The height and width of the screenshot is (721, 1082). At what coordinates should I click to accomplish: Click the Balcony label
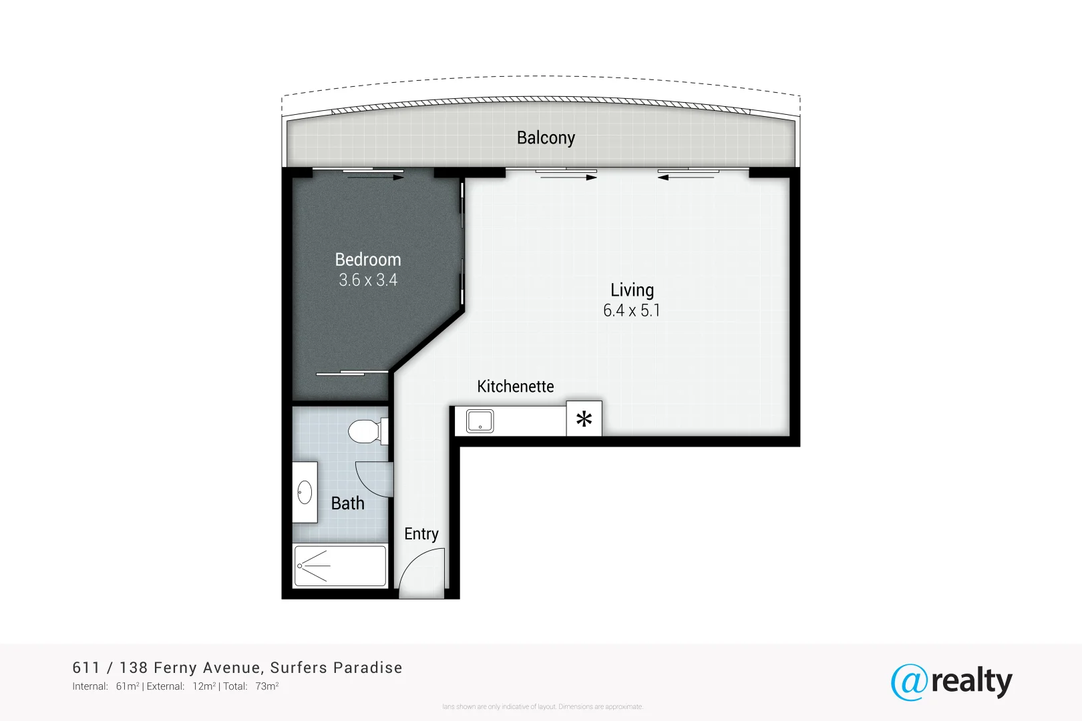(546, 138)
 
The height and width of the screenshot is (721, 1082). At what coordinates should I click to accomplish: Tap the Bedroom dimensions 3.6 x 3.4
(367, 280)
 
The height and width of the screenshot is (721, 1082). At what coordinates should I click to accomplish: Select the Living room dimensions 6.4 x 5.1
(631, 310)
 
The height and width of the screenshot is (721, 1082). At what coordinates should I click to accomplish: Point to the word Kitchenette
(515, 387)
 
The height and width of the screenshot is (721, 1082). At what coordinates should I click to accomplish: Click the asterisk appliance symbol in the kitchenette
(584, 419)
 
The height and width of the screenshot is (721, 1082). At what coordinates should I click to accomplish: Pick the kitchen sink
(480, 421)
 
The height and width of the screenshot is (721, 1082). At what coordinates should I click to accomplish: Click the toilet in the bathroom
(365, 431)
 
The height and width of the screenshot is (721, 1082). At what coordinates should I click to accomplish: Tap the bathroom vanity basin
(305, 493)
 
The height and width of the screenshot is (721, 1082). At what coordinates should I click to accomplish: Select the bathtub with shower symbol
(340, 566)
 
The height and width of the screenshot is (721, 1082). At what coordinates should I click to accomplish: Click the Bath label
(347, 503)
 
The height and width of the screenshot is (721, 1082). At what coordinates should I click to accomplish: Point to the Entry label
(421, 534)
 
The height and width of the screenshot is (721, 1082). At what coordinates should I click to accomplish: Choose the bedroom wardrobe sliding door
(352, 373)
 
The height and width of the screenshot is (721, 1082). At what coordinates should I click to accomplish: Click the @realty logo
(951, 682)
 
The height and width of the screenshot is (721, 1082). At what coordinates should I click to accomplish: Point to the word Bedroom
(367, 260)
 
